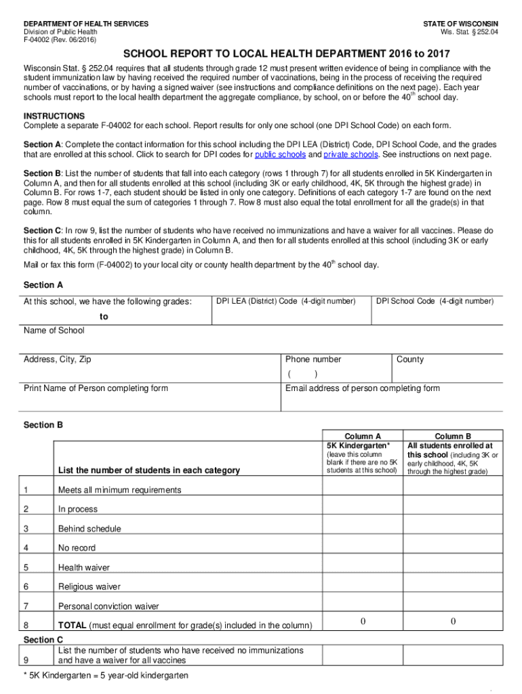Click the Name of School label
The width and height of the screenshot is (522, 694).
54,331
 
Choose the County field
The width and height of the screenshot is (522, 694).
447,373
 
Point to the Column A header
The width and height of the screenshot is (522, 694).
363,436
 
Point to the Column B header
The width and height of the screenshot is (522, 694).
453,436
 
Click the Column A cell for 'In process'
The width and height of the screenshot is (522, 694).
363,509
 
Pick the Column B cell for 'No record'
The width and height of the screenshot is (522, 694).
453,548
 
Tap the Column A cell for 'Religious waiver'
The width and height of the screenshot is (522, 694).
363,587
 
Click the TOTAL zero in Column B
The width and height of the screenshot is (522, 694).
453,621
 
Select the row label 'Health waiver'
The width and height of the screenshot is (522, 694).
84,567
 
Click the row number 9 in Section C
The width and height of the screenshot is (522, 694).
26,660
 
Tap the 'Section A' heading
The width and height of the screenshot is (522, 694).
43,285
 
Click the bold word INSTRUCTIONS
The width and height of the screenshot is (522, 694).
54,116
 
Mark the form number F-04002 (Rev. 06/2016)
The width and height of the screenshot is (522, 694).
60,40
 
